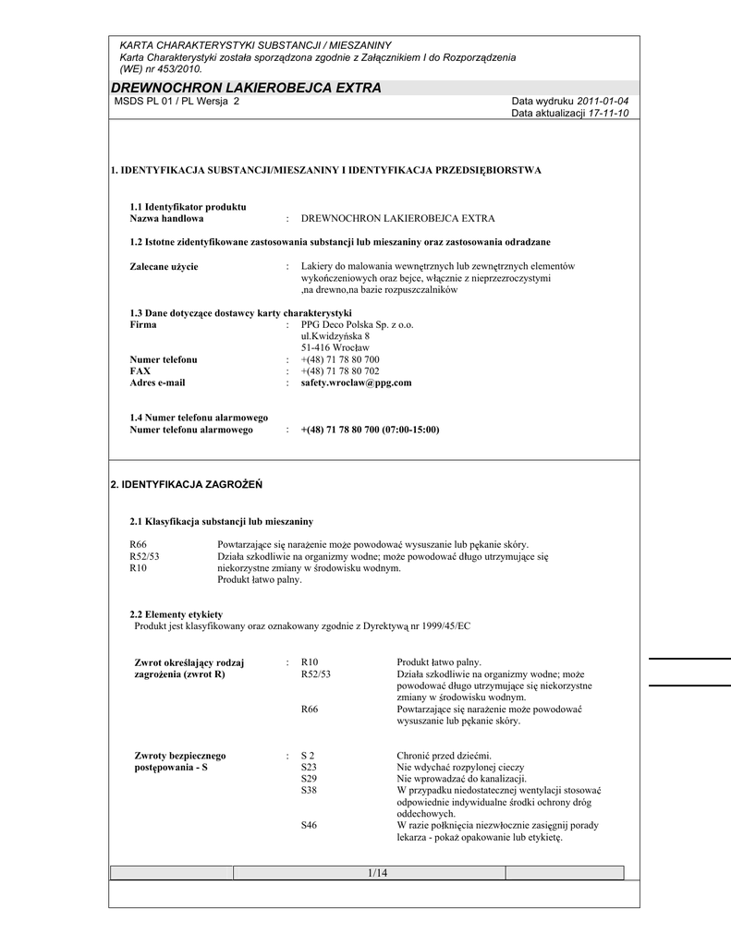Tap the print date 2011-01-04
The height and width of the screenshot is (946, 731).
tap(603, 101)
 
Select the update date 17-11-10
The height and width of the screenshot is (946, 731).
tap(609, 113)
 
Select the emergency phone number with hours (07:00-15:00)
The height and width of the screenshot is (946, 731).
tap(370, 430)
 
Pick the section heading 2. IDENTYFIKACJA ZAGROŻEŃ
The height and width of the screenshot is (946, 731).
tap(187, 483)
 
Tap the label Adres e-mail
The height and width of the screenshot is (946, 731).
tap(157, 382)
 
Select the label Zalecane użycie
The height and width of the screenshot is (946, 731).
tap(164, 267)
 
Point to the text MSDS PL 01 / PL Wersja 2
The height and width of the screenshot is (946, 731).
tap(176, 101)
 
